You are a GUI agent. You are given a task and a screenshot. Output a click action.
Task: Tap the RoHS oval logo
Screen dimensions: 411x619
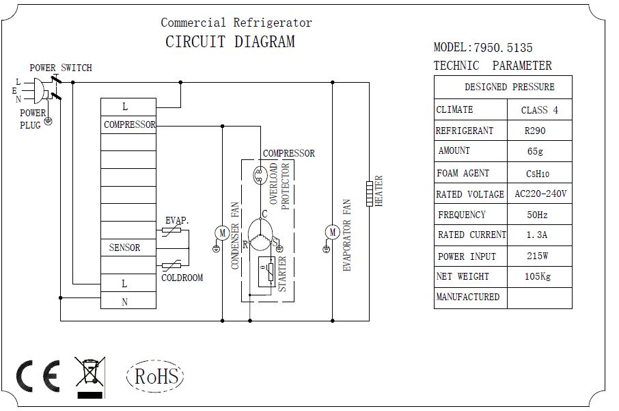[x=156, y=376]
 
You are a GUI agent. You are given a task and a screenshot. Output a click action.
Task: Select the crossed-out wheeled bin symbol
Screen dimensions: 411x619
[x=90, y=374]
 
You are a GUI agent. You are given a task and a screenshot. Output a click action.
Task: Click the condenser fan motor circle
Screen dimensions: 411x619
[x=222, y=233]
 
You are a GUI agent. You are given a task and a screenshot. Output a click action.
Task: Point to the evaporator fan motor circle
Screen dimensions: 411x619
[x=332, y=233]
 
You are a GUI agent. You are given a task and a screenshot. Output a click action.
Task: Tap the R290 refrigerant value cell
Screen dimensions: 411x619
[x=539, y=131]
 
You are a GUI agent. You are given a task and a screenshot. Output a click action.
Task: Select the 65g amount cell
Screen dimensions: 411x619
[x=539, y=151]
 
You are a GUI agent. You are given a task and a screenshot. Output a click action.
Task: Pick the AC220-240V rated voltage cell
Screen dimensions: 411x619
[x=539, y=194]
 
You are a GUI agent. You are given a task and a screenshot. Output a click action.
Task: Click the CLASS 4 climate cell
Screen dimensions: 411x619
[x=539, y=110]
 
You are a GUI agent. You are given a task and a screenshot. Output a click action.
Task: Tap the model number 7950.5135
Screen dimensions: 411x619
[x=501, y=48]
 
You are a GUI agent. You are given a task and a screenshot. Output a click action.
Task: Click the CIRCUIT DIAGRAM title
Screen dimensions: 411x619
[x=230, y=42]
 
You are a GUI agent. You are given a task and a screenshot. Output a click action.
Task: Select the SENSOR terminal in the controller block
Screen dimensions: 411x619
[x=124, y=248]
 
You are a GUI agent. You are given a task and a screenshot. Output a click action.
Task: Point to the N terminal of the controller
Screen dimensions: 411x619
[x=124, y=301]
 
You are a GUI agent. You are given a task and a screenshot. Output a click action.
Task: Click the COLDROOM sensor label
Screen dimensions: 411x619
[x=182, y=278]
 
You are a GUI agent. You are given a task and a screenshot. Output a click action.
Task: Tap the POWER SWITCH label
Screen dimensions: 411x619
[x=60, y=68]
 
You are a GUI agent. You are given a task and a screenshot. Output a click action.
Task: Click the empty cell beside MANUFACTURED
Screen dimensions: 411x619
[x=539, y=298]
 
